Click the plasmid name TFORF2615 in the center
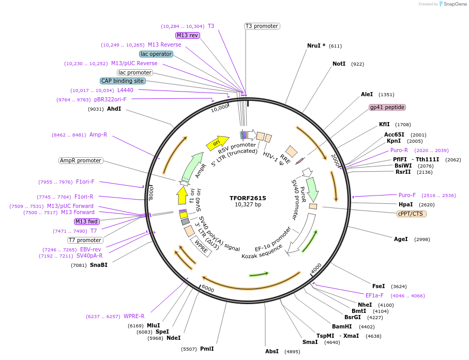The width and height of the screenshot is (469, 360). [248, 198]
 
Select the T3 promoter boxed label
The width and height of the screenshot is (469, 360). [262, 26]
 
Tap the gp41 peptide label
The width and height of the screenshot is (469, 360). [387, 108]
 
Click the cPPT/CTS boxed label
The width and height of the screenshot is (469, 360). [412, 214]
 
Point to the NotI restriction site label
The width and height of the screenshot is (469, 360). [339, 64]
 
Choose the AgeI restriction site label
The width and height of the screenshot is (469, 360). [401, 239]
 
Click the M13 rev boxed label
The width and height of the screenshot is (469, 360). [187, 35]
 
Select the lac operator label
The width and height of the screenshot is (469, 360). [156, 54]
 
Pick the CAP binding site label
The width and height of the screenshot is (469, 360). [123, 81]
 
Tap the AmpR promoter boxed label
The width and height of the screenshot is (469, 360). [81, 160]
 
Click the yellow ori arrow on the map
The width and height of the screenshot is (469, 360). [217, 143]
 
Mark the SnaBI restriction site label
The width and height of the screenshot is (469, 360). [99, 265]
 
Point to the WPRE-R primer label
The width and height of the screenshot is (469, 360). [134, 316]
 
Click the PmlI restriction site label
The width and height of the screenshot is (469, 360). [207, 349]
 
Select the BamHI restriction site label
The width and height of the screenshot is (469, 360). [342, 326]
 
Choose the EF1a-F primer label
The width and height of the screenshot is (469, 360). [374, 295]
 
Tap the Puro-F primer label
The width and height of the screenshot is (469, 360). [407, 195]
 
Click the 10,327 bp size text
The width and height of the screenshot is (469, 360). [248, 205]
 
